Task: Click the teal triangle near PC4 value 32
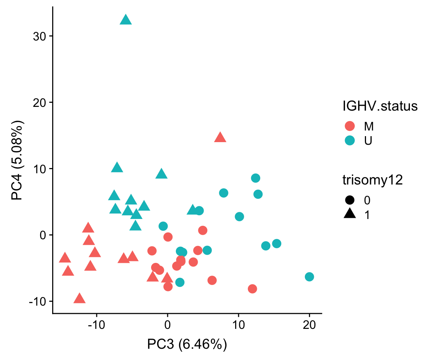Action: point(126,20)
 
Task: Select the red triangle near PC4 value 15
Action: point(220,138)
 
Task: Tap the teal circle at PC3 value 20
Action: point(309,277)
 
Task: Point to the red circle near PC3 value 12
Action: point(252,289)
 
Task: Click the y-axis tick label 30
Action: point(39,36)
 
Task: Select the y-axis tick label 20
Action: point(39,102)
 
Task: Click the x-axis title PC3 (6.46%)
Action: point(187,344)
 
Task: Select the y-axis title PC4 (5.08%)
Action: point(17,160)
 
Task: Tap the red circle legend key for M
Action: point(349,126)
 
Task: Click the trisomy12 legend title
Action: point(372,180)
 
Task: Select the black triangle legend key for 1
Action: point(349,214)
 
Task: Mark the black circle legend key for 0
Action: point(349,200)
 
